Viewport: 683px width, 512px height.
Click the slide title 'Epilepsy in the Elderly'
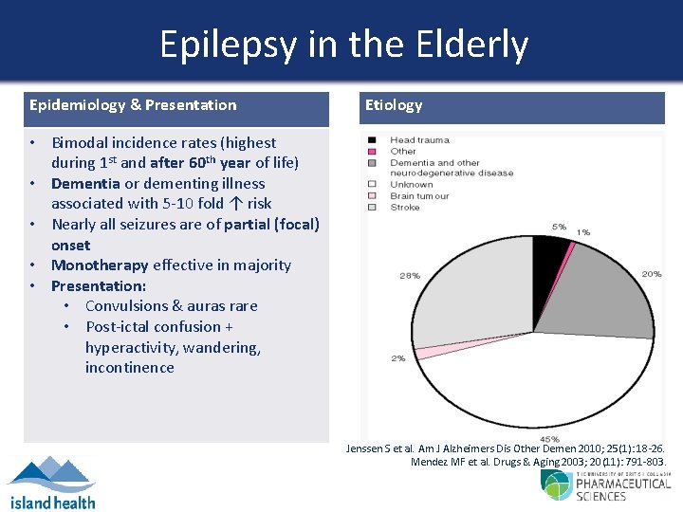pyautogui.click(x=343, y=45)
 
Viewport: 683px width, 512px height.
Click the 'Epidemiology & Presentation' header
pyautogui.click(x=133, y=105)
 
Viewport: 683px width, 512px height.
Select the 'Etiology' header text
pyautogui.click(x=394, y=105)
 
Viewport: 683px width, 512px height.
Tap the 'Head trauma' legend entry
pyautogui.click(x=419, y=140)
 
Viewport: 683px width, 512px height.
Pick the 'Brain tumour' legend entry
pyautogui.click(x=420, y=195)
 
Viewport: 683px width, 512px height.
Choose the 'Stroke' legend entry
pyautogui.click(x=405, y=207)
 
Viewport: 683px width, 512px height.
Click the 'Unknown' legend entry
pyautogui.click(x=412, y=185)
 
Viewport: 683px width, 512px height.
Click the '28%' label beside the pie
pyautogui.click(x=410, y=276)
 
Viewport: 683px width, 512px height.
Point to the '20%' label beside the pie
pyautogui.click(x=651, y=274)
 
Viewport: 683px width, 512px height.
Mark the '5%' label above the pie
pyautogui.click(x=559, y=228)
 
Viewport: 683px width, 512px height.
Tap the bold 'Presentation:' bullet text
pyautogui.click(x=99, y=285)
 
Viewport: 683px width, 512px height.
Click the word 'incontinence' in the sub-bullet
pyautogui.click(x=129, y=367)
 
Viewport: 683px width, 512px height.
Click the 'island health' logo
pyautogui.click(x=51, y=482)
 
